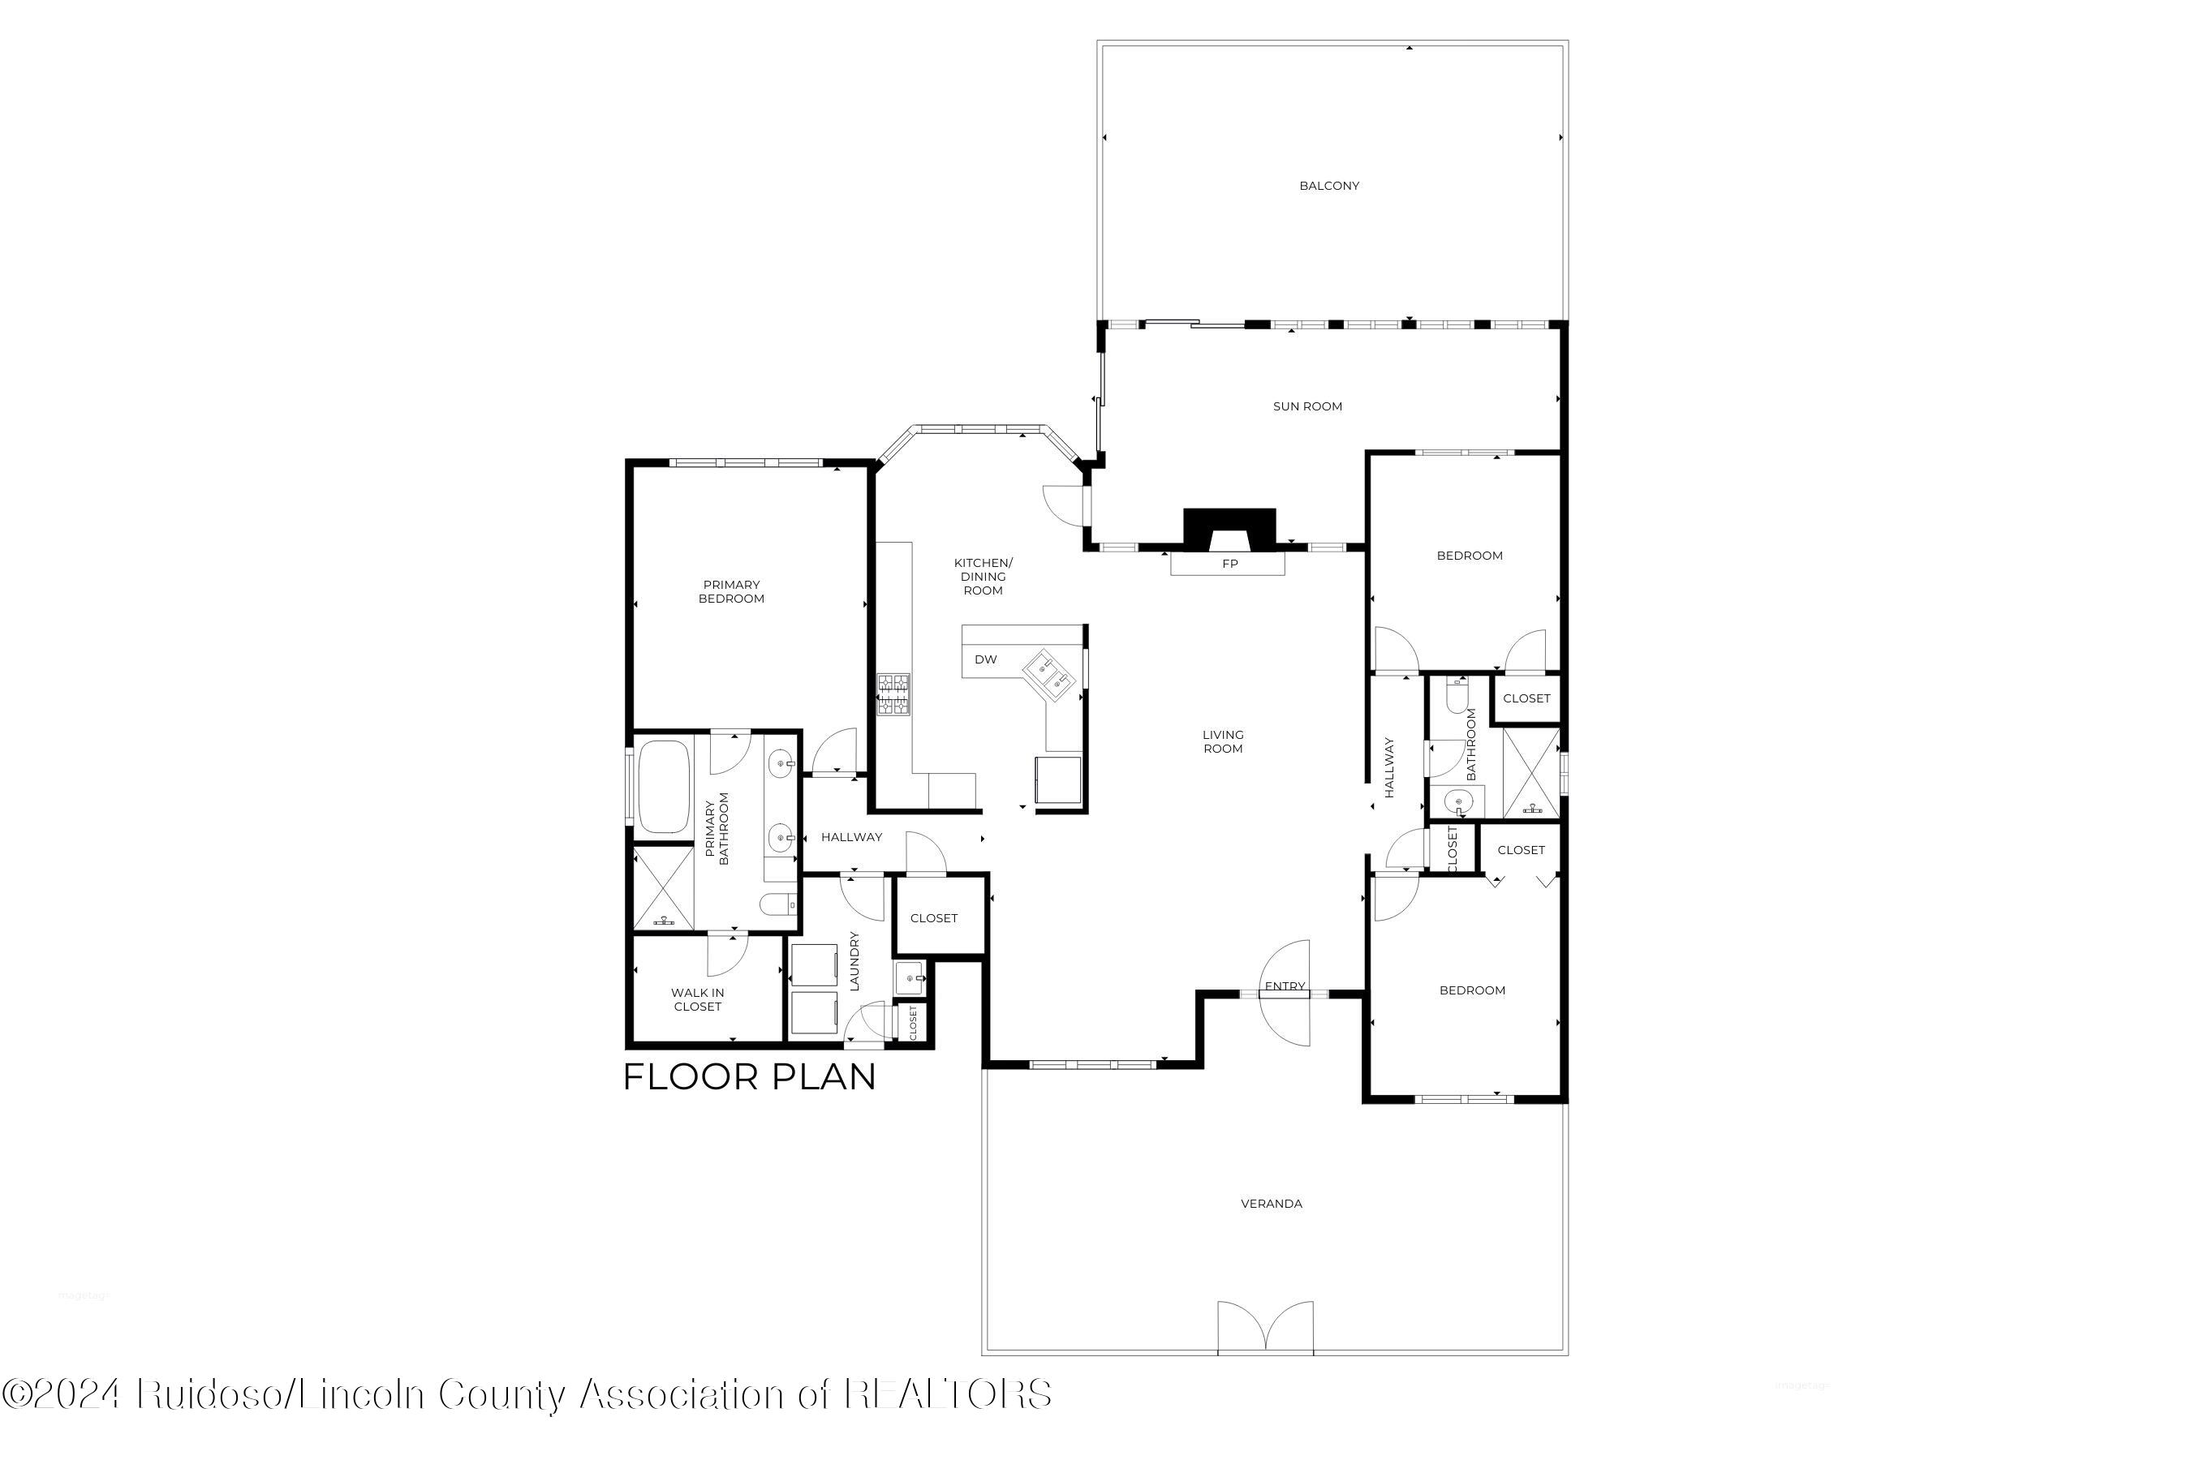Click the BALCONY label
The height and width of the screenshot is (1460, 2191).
pos(1329,187)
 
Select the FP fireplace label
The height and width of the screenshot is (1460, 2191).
pos(1229,565)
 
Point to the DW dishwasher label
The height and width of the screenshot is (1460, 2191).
pos(986,660)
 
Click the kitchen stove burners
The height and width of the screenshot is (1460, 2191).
pos(893,694)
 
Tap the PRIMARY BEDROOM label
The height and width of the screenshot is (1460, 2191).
pos(731,592)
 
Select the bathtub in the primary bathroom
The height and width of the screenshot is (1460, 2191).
pos(663,786)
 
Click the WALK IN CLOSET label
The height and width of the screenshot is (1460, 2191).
pos(698,1000)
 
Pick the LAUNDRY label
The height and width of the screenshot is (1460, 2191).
pos(854,961)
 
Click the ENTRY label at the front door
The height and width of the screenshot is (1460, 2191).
pos(1285,987)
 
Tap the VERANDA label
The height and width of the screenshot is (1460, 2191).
pos(1272,1204)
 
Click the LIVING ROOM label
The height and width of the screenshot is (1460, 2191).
pos(1223,742)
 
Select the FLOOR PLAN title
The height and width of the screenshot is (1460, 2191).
pos(750,1077)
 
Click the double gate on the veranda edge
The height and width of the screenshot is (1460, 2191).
pos(1266,1329)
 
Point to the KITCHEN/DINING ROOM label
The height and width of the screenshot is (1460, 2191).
pos(983,577)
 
